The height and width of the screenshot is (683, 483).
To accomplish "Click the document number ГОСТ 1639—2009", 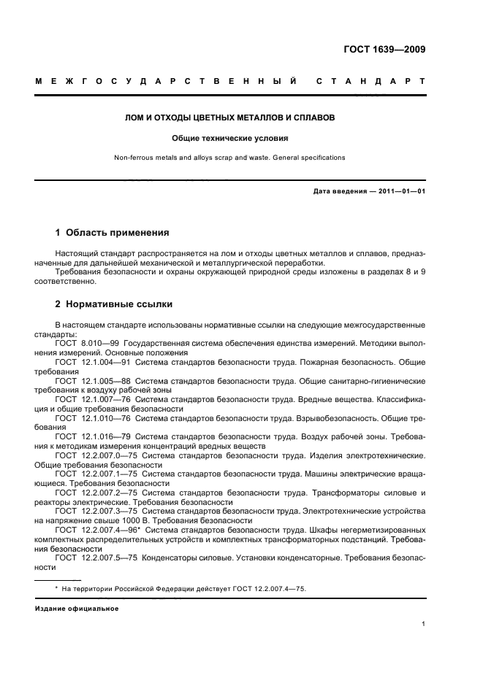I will tap(385, 50).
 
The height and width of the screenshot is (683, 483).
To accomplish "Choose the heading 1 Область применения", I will tap(113, 234).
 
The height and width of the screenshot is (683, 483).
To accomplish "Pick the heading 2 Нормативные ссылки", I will tap(114, 304).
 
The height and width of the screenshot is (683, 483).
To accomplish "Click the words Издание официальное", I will tap(77, 607).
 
